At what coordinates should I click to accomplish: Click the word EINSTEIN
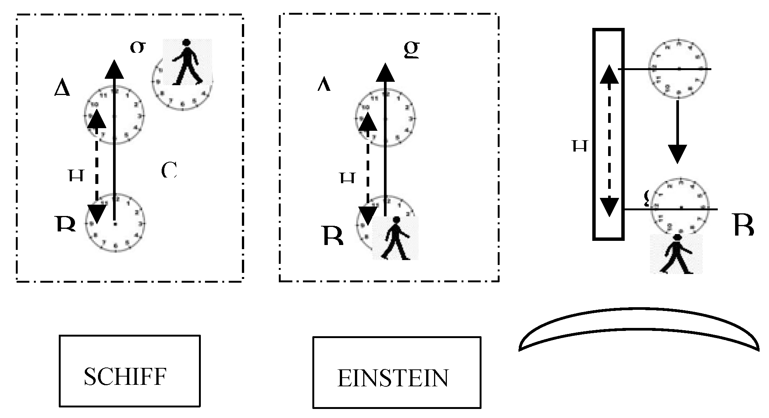tap(393, 378)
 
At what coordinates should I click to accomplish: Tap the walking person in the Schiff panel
tap(187, 62)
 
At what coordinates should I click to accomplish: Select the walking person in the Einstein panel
tap(396, 238)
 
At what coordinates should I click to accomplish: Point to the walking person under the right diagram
tap(677, 254)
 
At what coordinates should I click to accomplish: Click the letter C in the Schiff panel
tap(169, 170)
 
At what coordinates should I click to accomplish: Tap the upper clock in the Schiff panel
tap(114, 115)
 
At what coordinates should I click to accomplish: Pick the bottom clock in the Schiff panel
tap(115, 223)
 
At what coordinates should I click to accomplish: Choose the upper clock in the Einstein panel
tap(385, 118)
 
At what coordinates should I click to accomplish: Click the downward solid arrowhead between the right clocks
tap(677, 154)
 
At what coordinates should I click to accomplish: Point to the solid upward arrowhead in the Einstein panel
tap(385, 73)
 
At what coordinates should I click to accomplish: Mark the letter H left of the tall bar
tap(580, 145)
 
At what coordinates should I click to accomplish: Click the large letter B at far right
tap(744, 225)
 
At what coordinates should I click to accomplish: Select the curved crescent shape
tap(638, 328)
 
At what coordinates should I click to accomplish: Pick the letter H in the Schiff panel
tap(76, 175)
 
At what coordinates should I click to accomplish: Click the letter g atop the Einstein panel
tap(411, 50)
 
